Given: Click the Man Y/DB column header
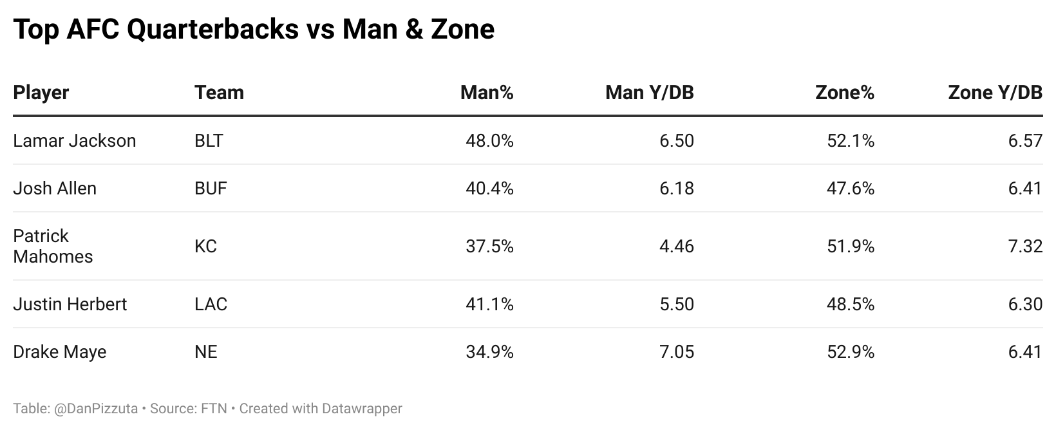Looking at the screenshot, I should (649, 93).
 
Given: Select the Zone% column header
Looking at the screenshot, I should (844, 93).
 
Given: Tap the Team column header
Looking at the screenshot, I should (219, 93).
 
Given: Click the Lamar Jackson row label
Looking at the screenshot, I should (74, 141).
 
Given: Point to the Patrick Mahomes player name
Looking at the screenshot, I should (53, 246).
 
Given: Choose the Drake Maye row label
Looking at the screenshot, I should (59, 352).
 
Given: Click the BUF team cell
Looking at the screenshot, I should (211, 189).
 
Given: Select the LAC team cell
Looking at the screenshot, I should (211, 304).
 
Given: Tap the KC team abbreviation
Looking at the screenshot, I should (205, 246).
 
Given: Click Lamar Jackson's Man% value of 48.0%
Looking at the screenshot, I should (489, 141).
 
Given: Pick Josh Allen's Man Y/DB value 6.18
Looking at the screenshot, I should (676, 189).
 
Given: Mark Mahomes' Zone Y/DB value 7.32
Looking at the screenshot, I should (1025, 246).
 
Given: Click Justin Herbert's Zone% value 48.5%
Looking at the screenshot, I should (850, 304).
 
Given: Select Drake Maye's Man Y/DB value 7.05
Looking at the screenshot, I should (676, 352).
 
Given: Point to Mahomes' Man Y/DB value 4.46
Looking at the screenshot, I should (676, 246).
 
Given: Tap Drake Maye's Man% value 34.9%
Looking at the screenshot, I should (489, 352).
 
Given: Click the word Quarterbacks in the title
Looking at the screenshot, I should (212, 30).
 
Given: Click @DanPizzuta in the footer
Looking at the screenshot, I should (96, 409).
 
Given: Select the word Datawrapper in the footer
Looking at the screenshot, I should (362, 409).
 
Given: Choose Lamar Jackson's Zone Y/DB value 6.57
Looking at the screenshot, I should (1025, 141).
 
